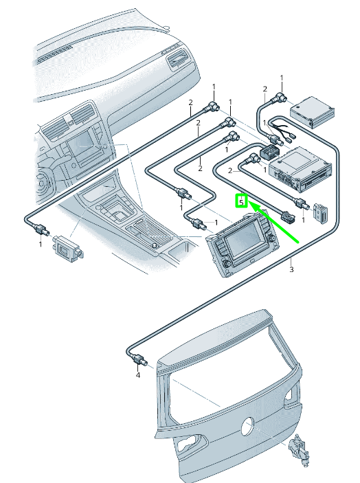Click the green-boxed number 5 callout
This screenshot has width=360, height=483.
241,201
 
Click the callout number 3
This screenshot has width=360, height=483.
291,269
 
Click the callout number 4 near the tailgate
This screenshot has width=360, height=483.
138,375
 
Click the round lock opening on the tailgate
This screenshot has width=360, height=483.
247,426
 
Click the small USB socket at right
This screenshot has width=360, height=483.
321,213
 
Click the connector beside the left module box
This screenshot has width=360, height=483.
41,229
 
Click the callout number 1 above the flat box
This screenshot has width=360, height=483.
282,78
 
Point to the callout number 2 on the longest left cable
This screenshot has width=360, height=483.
190,102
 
